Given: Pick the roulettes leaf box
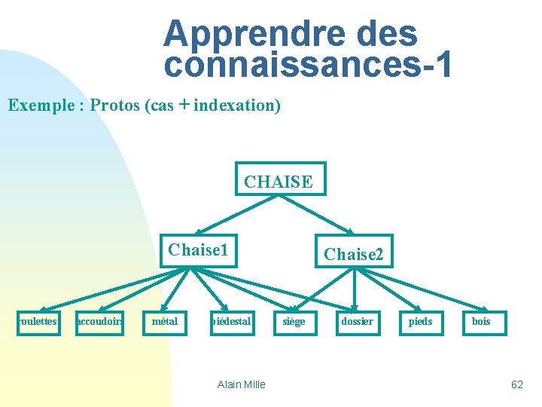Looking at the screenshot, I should point(38,323).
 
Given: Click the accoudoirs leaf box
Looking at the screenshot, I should point(100,323).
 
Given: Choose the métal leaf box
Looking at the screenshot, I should point(165,323).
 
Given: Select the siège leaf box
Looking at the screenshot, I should point(293,323).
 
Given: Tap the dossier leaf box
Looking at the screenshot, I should point(357,323).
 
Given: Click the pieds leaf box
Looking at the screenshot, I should point(420,323).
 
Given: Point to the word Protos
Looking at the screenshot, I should point(115,105).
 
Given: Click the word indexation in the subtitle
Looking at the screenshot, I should point(237,105).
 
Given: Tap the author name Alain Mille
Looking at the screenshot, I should point(241,384).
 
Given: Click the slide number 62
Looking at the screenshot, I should point(517,384).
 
